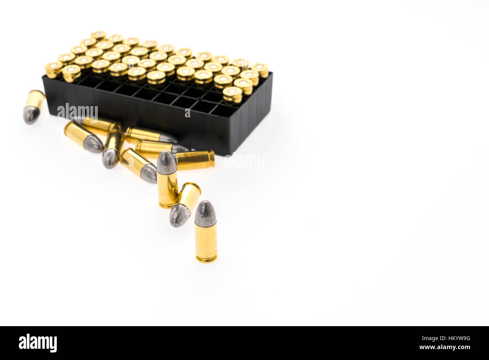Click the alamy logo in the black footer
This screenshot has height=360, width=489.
38,343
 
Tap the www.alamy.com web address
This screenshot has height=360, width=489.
445,347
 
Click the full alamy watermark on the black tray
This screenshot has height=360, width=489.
77,112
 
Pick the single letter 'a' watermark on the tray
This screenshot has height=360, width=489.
188,113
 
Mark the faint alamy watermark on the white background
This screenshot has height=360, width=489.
244,162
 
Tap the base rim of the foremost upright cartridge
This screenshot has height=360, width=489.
207,259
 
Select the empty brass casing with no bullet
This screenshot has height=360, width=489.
195,160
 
